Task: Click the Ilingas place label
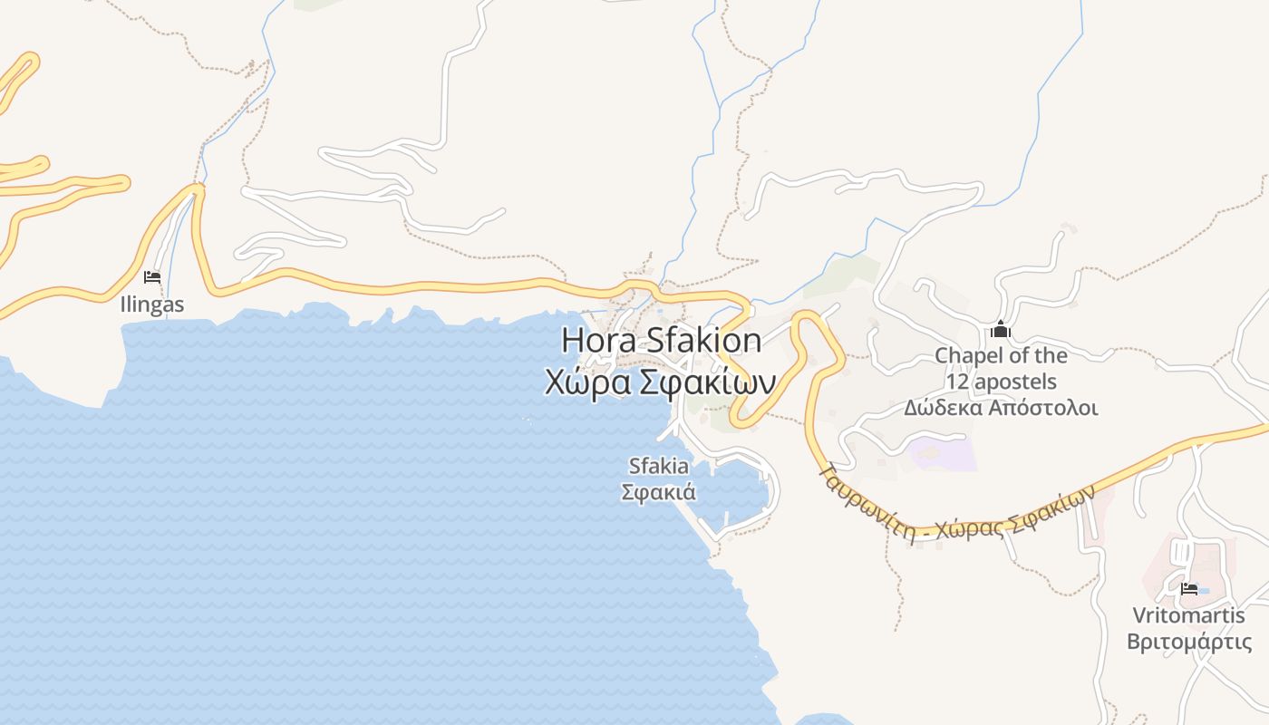click(x=152, y=304)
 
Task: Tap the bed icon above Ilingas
click(x=152, y=276)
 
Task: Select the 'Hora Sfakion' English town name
click(x=662, y=341)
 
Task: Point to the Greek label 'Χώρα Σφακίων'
click(x=660, y=382)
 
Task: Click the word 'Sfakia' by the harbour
click(x=659, y=466)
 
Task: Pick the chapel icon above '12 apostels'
click(x=1001, y=329)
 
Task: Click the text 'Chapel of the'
click(x=1001, y=355)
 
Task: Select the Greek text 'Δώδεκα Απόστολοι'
click(x=1001, y=408)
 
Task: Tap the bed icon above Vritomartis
click(x=1189, y=589)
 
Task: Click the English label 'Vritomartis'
click(x=1188, y=615)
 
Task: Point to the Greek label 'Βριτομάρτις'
click(x=1188, y=642)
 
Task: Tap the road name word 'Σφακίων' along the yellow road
click(x=1057, y=507)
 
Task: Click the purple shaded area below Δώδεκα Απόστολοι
click(x=943, y=453)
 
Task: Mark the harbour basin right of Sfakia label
click(x=739, y=494)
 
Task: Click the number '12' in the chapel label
click(x=959, y=382)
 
